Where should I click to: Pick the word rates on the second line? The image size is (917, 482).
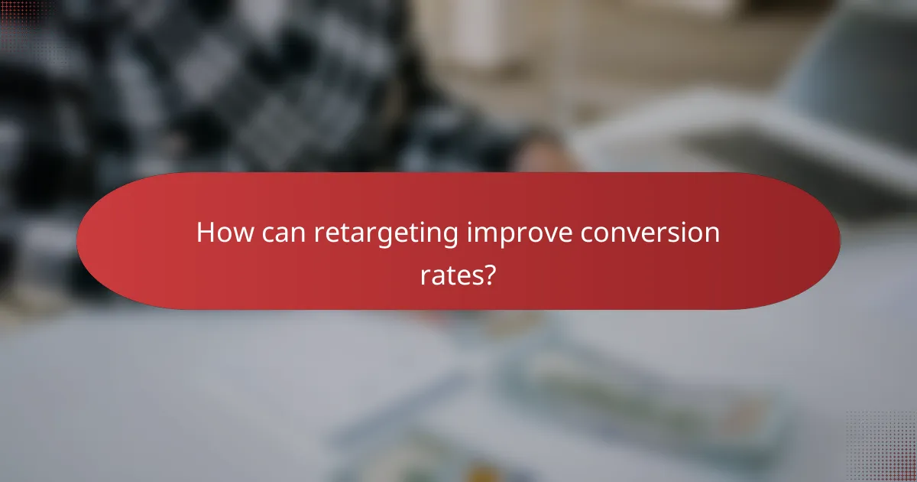[x=452, y=274]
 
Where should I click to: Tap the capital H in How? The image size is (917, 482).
[x=205, y=233]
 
